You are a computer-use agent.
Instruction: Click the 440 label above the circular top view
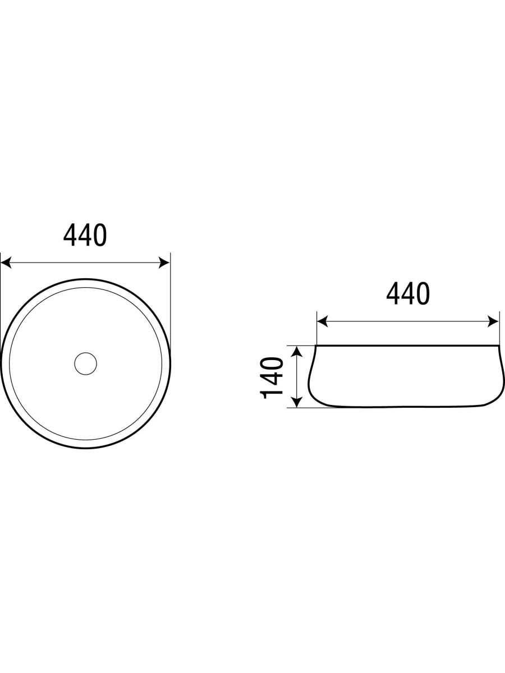[x=85, y=235]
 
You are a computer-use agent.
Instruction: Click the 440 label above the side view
[x=408, y=293]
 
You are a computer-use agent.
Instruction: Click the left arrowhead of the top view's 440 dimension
[x=6, y=263]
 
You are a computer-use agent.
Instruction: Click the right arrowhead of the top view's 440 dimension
[x=164, y=263]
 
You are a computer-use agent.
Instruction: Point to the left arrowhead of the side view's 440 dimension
[x=322, y=321]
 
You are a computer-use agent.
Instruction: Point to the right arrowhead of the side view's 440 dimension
[x=493, y=321]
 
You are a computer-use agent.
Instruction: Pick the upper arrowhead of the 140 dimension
[x=296, y=351]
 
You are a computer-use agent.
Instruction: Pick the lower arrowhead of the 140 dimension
[x=296, y=402]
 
